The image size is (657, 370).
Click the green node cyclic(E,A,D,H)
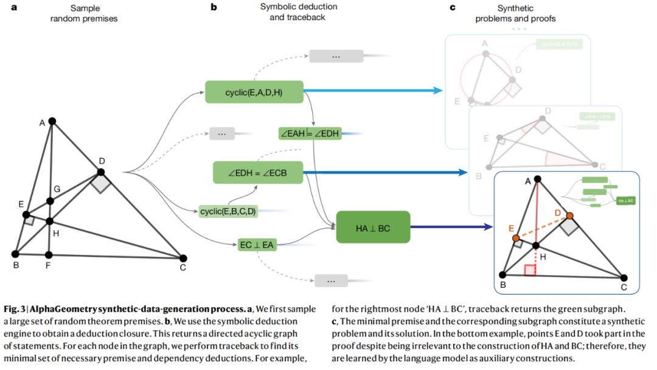254,92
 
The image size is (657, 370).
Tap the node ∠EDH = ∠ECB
258,173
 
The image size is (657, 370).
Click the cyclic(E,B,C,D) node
228,211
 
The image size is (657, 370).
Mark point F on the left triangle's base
49,254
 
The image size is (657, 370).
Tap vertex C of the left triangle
183,258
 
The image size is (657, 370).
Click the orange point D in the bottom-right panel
569,215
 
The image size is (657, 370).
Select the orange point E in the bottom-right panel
515,237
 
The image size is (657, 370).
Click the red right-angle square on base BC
530,270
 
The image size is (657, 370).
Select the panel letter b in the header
214,8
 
